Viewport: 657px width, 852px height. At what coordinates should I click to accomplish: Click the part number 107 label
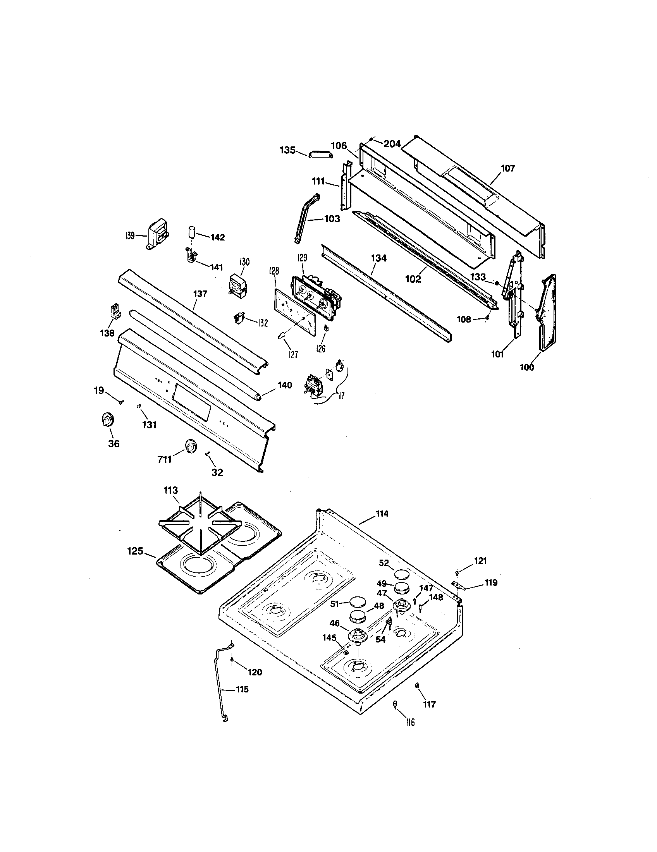click(x=507, y=168)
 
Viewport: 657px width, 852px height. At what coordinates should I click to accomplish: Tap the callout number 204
click(x=392, y=144)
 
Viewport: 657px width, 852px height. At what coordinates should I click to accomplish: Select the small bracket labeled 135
click(x=321, y=155)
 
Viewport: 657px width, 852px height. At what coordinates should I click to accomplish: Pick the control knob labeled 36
click(x=106, y=421)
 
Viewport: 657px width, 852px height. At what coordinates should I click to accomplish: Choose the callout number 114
click(x=382, y=514)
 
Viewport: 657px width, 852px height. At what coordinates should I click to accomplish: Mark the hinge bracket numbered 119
click(x=457, y=584)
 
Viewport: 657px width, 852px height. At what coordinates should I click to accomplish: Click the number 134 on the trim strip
click(x=378, y=258)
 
